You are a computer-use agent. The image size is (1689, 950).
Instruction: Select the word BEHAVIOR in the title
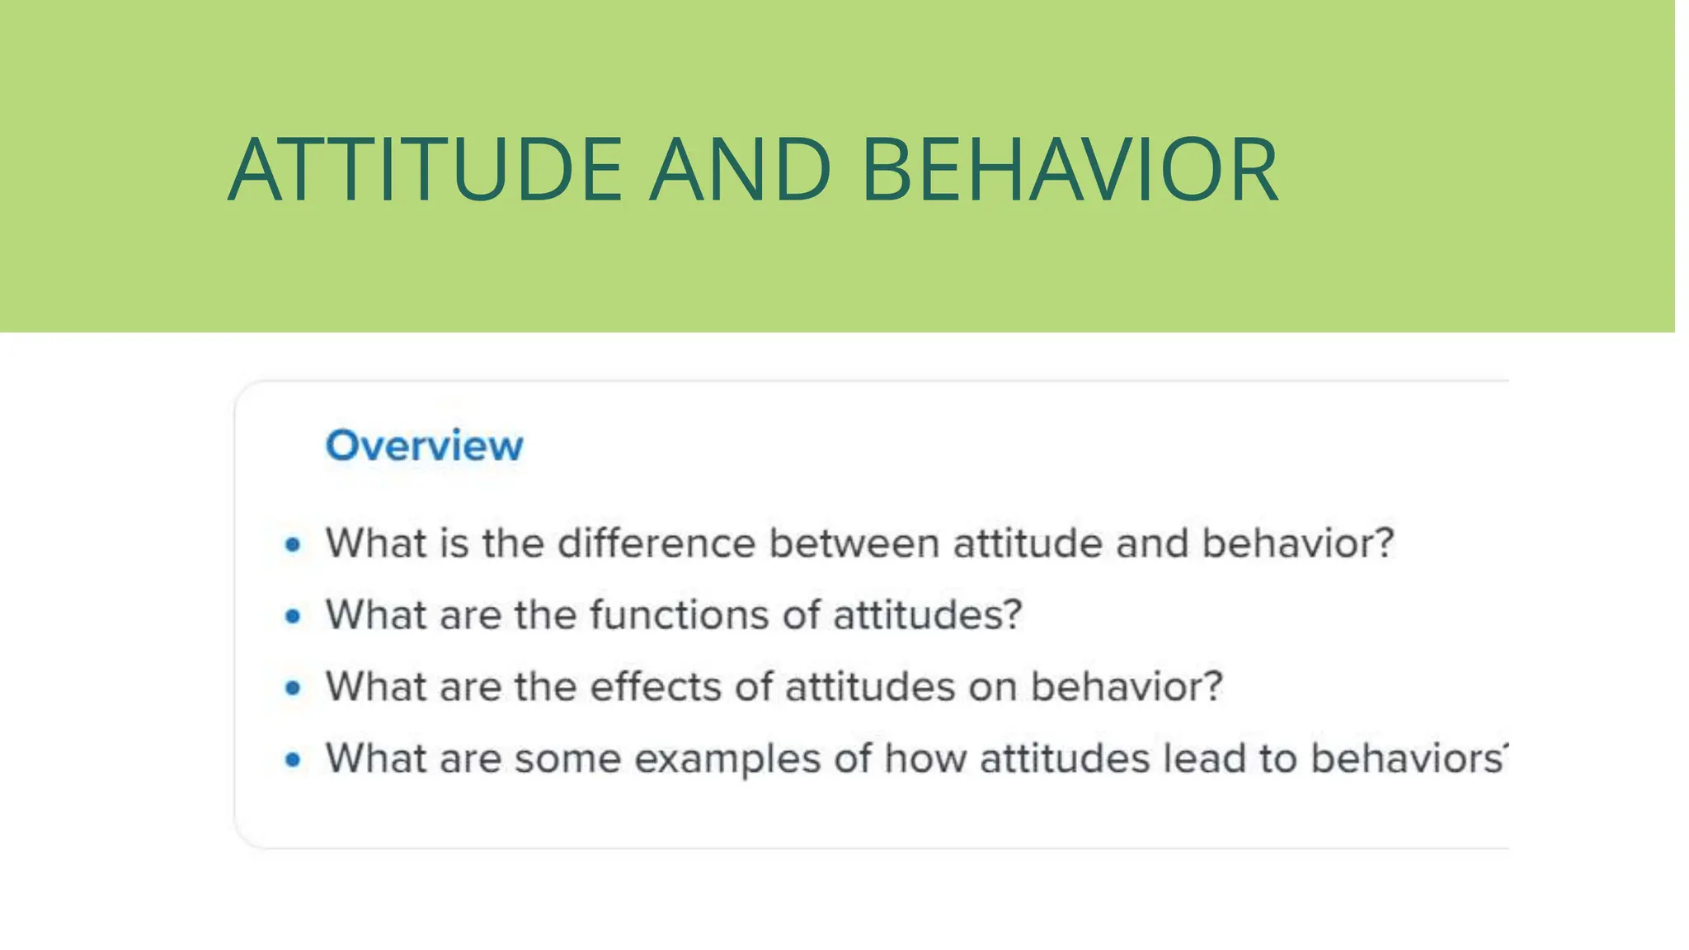coord(1070,169)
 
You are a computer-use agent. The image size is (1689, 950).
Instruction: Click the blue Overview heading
coord(424,445)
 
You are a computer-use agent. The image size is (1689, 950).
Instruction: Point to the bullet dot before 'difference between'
coord(293,544)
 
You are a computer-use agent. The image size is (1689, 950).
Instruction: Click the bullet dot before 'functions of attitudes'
coord(293,616)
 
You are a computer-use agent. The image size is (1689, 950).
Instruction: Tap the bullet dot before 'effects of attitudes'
coord(293,688)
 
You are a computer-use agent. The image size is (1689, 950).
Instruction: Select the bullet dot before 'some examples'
coord(293,760)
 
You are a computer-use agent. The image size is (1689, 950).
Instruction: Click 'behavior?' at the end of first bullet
coord(1297,543)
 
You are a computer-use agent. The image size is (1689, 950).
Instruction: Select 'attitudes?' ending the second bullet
coord(928,615)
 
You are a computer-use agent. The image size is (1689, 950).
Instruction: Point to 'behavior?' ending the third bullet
coord(1127,686)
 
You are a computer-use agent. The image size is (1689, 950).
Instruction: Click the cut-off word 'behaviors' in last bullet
coord(1407,758)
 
